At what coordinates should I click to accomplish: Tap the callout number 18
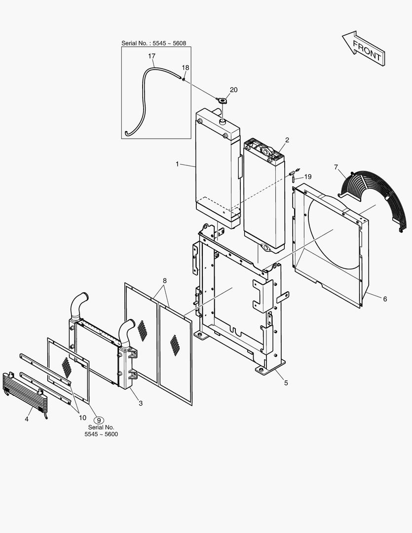click(185, 68)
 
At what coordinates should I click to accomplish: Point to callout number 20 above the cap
click(233, 89)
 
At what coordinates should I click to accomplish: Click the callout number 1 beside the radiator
click(177, 164)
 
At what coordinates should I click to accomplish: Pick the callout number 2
click(287, 140)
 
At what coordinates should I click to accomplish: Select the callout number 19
click(308, 177)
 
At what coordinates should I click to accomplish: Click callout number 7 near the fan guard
click(336, 167)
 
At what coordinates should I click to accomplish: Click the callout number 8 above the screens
click(165, 281)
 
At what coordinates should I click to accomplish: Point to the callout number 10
click(82, 418)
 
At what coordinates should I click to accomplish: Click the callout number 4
click(27, 419)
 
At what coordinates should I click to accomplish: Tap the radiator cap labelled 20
click(222, 101)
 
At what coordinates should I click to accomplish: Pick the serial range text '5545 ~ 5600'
click(101, 434)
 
